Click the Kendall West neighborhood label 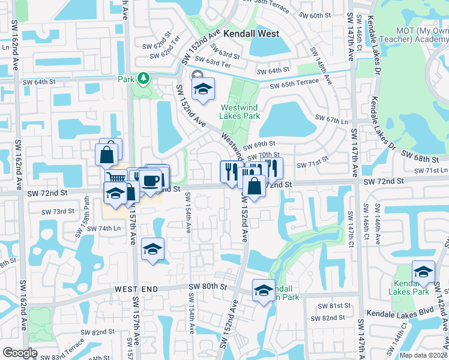tap(252, 34)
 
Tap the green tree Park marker tap(143, 78)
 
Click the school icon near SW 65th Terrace tap(203, 89)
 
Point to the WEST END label tap(136, 289)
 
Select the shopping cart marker tap(116, 178)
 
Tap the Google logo tap(20, 353)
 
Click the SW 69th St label tap(260, 144)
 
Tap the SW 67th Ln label tap(332, 119)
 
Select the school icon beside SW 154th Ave tap(153, 250)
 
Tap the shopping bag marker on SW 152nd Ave tap(255, 186)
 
